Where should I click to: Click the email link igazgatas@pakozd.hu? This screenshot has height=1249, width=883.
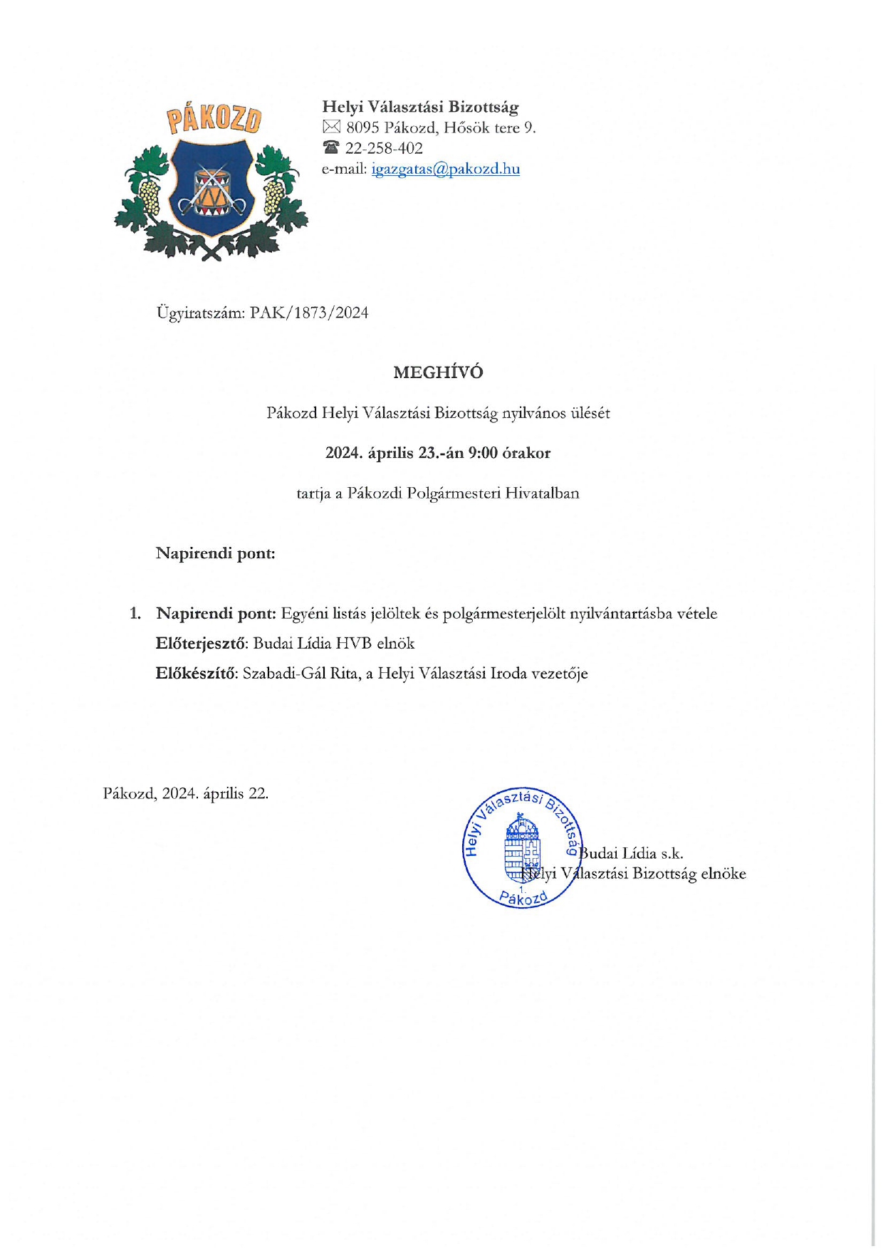point(445,169)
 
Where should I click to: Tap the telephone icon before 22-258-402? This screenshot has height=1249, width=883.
point(331,148)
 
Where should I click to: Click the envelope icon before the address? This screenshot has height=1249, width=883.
point(331,127)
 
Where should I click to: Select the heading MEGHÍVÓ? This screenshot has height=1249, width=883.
point(438,372)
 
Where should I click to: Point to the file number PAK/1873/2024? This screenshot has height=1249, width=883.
point(309,313)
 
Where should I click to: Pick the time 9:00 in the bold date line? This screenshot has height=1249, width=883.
point(482,453)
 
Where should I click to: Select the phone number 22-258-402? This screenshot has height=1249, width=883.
point(384,148)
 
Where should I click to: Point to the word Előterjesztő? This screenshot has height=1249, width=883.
point(200,644)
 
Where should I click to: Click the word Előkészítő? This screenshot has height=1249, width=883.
point(196,674)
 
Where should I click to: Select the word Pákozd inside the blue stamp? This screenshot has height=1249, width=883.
point(523,899)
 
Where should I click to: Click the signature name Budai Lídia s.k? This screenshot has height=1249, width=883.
point(631,853)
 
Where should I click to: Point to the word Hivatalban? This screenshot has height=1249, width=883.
point(542,493)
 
